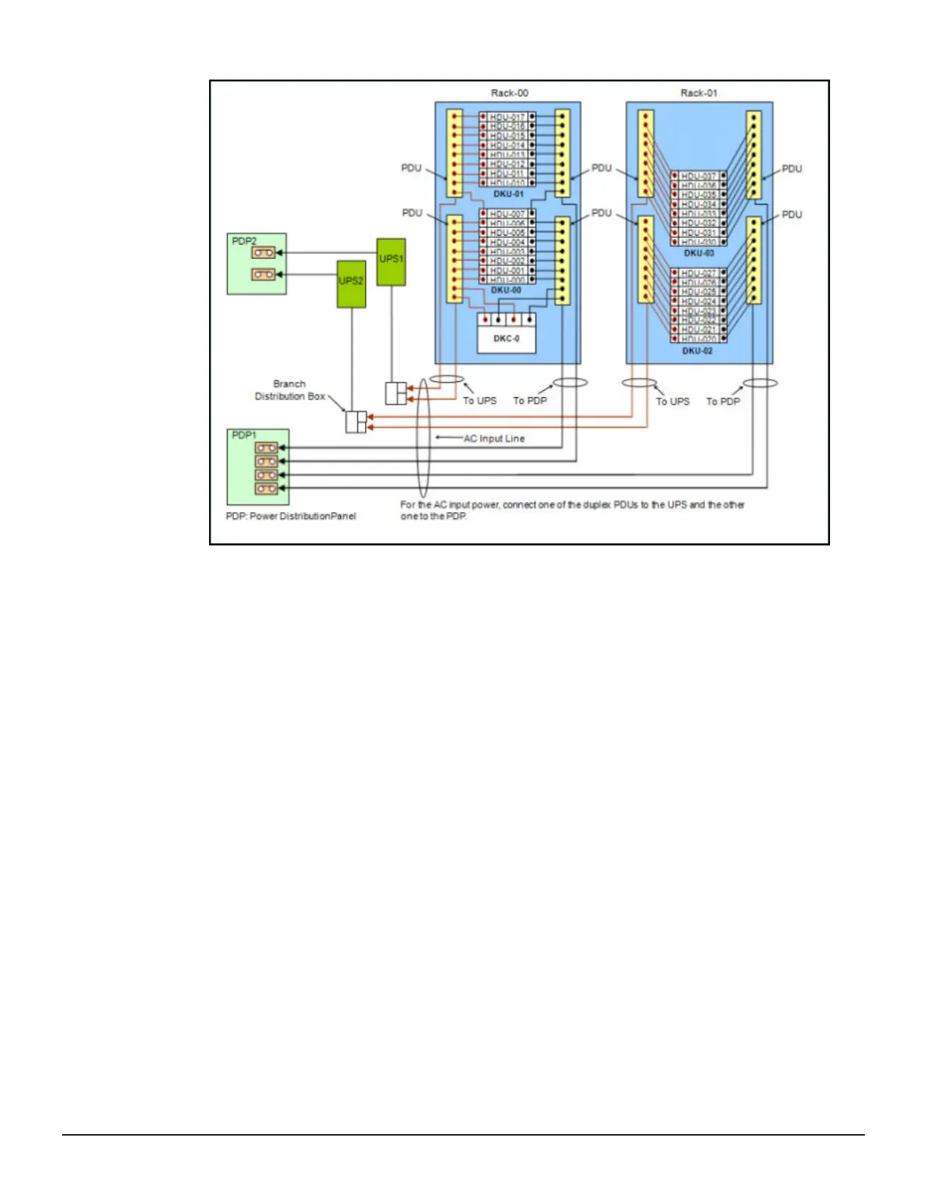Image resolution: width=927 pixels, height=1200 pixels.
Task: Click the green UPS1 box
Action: [391, 262]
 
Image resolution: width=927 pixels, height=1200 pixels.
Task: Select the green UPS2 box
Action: [351, 284]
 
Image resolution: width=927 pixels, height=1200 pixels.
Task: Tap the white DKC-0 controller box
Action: [507, 339]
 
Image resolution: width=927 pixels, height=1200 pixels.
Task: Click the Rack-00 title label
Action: [509, 93]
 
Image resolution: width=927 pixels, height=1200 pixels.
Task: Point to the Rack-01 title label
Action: [698, 93]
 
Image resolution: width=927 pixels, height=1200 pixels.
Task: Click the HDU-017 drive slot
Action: [507, 117]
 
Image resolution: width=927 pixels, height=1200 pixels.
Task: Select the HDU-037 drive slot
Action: [698, 177]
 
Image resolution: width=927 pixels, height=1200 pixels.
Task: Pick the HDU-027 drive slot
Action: [698, 273]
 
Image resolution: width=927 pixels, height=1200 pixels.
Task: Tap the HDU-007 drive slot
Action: [507, 214]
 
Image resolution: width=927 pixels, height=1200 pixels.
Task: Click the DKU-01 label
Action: [508, 195]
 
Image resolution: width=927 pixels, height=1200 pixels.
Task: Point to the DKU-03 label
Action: [698, 253]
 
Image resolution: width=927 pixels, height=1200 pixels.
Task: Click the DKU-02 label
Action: [697, 351]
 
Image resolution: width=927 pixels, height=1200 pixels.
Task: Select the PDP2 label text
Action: [244, 241]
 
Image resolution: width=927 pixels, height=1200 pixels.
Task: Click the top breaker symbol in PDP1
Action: [266, 448]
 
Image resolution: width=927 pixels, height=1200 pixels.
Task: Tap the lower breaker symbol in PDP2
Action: [263, 274]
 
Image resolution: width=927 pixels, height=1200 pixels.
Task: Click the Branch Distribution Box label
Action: [289, 390]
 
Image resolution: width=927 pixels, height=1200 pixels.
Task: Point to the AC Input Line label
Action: [494, 439]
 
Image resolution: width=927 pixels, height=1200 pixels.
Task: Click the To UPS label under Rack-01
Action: [673, 402]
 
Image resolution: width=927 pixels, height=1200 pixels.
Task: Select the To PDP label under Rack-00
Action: [529, 401]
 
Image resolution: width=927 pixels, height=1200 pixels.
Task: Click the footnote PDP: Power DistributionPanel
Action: [291, 516]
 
